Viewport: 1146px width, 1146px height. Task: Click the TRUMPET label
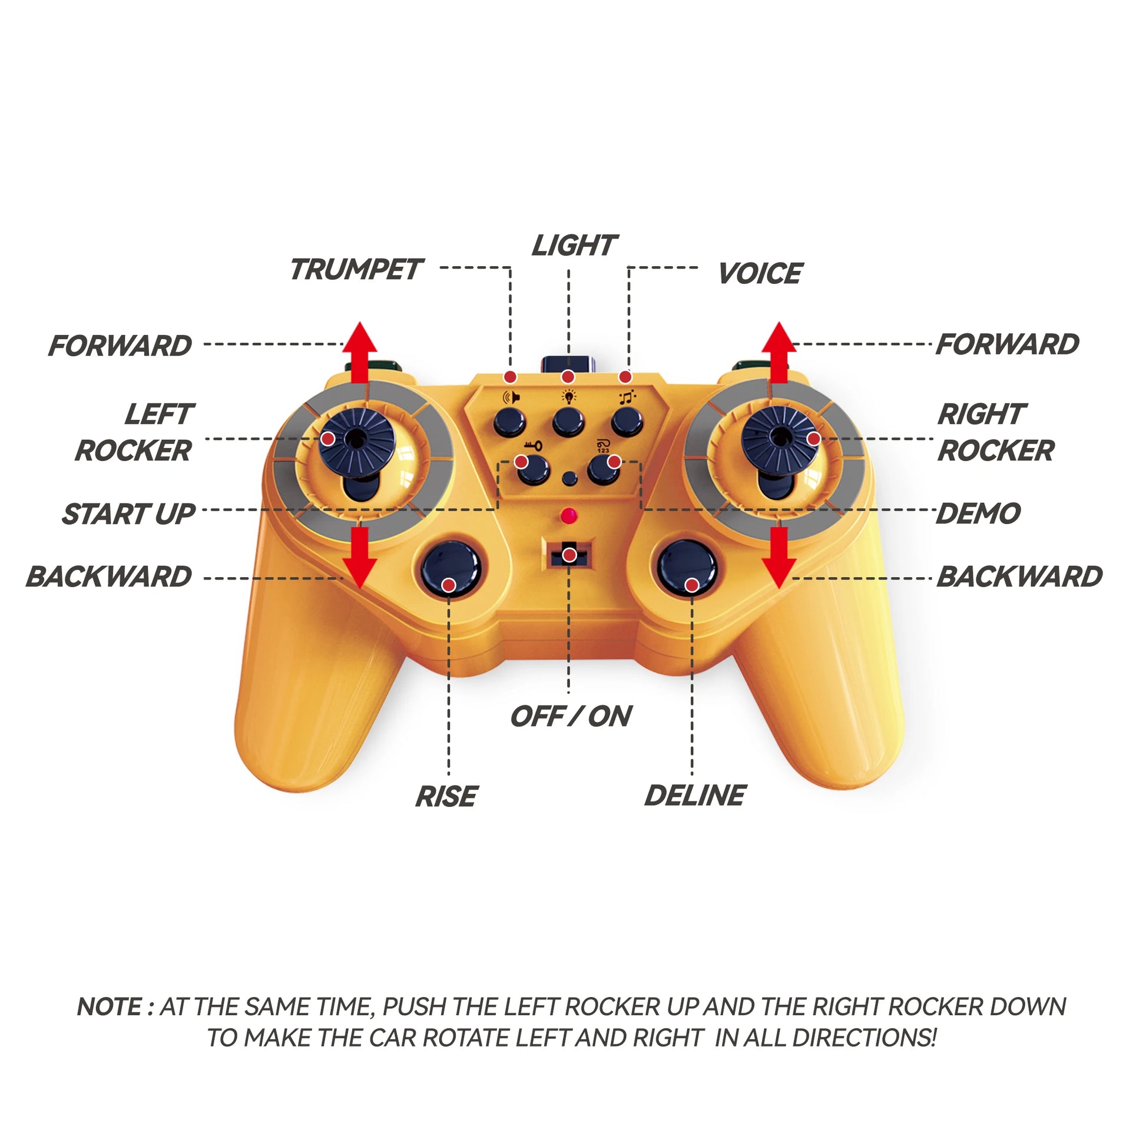click(355, 269)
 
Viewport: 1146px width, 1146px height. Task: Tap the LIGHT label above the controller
click(574, 245)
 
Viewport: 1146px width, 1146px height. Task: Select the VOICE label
click(760, 273)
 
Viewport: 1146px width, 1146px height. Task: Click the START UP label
click(128, 514)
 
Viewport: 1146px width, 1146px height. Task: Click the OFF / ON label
click(571, 716)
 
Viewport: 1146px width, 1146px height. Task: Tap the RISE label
click(446, 796)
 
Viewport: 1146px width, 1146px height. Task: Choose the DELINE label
click(695, 796)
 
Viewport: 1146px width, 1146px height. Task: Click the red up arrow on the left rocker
click(360, 353)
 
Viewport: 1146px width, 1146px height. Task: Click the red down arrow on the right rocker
click(779, 558)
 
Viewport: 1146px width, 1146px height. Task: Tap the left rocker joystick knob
click(356, 439)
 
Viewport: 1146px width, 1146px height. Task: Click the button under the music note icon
click(627, 422)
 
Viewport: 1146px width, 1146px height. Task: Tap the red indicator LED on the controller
click(569, 515)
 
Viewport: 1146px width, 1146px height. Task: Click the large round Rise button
click(451, 569)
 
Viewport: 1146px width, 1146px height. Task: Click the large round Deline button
click(687, 569)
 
